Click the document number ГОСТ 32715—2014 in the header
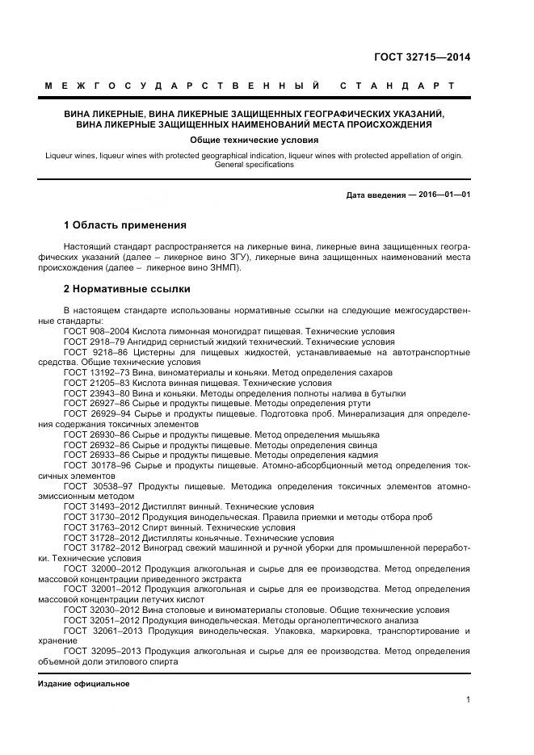[x=422, y=57]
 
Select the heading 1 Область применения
[x=124, y=224]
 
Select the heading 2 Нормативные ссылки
[x=126, y=288]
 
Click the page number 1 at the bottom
[x=468, y=700]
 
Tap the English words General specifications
[x=254, y=164]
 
